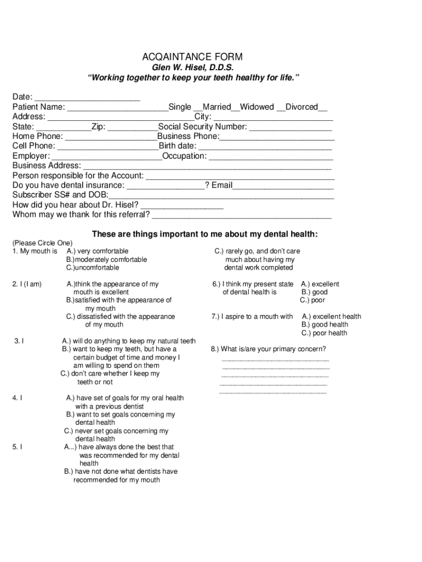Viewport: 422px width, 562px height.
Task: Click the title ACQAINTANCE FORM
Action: [x=192, y=57]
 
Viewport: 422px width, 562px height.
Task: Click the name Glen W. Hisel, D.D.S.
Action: [x=192, y=68]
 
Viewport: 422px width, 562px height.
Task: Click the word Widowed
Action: [x=256, y=107]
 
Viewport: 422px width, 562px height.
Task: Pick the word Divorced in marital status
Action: [x=301, y=107]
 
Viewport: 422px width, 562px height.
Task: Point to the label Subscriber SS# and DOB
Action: [x=60, y=195]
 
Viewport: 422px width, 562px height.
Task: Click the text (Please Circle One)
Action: [x=43, y=243]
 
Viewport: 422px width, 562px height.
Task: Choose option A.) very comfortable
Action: [x=98, y=251]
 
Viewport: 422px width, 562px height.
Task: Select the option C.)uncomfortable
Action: [x=93, y=268]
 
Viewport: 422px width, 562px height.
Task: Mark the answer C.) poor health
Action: [x=324, y=333]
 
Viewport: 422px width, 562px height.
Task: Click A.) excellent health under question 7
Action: [x=332, y=317]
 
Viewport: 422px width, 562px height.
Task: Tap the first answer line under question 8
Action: [x=275, y=359]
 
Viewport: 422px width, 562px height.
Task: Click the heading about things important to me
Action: [x=204, y=234]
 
